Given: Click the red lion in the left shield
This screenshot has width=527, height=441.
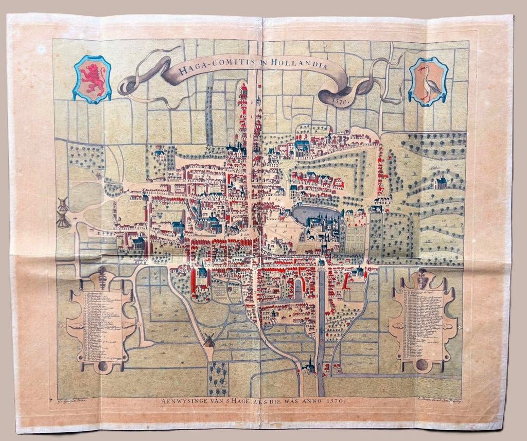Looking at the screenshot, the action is pyautogui.click(x=93, y=79).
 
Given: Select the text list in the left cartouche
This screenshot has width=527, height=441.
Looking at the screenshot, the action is pyautogui.click(x=100, y=324).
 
